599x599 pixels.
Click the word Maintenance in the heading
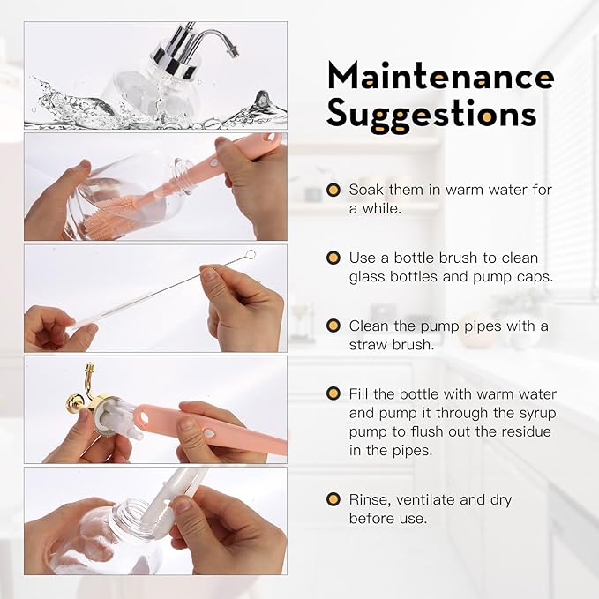[441, 75]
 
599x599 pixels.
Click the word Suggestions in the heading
[431, 114]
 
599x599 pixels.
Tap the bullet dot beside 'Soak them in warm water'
[333, 190]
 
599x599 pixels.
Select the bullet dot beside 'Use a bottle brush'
[333, 258]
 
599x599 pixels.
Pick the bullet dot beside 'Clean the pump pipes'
[333, 326]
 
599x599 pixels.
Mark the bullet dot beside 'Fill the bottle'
[333, 393]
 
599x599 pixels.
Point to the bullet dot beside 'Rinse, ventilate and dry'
[333, 499]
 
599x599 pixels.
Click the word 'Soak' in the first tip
[365, 190]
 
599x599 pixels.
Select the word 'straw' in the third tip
[368, 345]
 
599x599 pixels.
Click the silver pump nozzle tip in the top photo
[234, 51]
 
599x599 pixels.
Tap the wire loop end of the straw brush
[251, 254]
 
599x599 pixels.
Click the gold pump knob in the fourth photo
[73, 402]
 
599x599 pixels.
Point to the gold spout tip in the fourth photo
[89, 366]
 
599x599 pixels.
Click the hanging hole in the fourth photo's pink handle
[143, 416]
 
